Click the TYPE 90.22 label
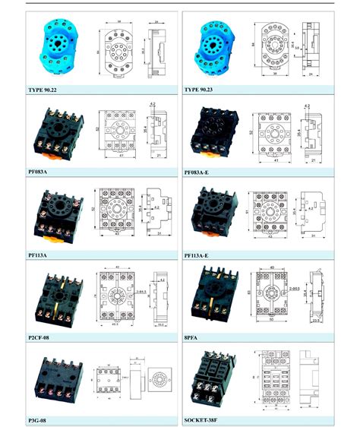(x=46, y=90)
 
